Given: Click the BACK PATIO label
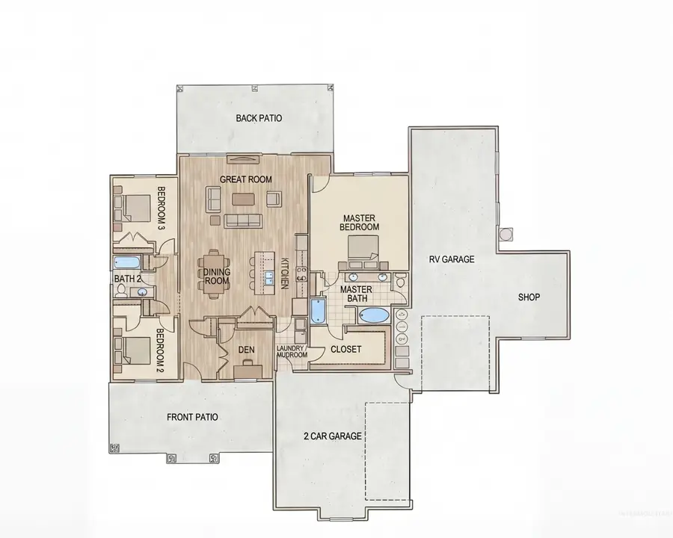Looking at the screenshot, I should pos(259,118).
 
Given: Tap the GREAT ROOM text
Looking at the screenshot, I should pos(245,179).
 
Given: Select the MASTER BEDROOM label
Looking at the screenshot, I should pos(359,222).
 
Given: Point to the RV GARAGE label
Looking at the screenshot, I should pos(452,260).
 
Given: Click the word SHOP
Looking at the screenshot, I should pos(529,297).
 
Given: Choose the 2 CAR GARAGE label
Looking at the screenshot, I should pos(332,436).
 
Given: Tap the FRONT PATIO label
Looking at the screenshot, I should pos(192,417).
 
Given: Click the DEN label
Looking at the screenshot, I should pos(247,349).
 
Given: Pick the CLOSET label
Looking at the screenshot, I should pos(345,349).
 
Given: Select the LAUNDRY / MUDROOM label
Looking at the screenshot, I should pos(292,352).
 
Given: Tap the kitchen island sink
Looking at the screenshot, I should pos(268,279).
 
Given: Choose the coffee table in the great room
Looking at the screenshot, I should pos(243,200).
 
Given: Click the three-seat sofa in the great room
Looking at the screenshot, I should pos(242,220).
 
